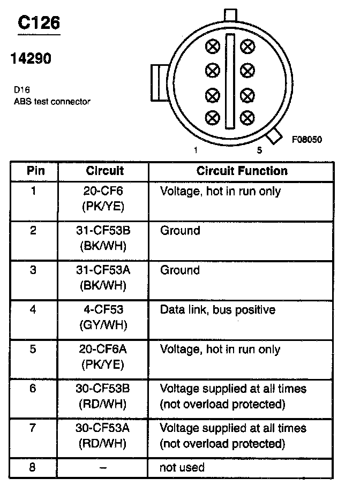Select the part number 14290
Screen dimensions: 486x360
click(x=31, y=58)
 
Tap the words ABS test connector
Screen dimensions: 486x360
click(x=52, y=101)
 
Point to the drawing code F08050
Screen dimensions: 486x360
click(x=306, y=140)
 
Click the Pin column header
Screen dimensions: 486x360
click(x=35, y=171)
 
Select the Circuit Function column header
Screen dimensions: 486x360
click(x=242, y=171)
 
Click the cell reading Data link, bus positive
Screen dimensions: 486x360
click(x=217, y=310)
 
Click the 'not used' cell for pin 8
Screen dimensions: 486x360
click(x=182, y=467)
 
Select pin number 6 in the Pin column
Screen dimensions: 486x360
click(x=34, y=389)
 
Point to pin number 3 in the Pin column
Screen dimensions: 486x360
click(x=34, y=270)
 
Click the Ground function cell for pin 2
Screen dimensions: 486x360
click(x=180, y=231)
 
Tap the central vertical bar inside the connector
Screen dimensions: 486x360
click(x=230, y=81)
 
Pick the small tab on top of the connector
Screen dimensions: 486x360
click(x=230, y=13)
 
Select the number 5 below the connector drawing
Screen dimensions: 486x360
click(x=260, y=150)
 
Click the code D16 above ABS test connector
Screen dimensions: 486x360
click(x=22, y=90)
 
